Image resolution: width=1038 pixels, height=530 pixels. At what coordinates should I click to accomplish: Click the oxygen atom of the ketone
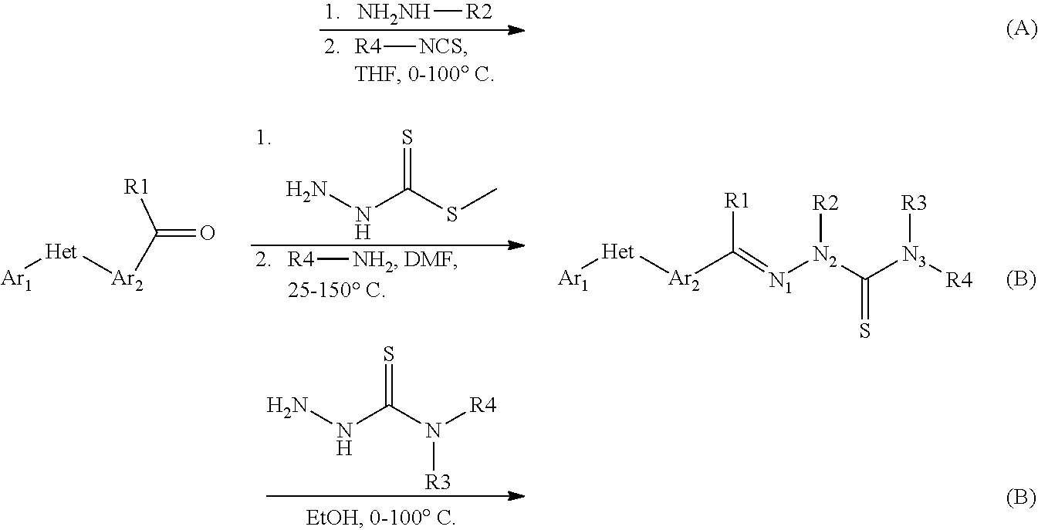coord(206,232)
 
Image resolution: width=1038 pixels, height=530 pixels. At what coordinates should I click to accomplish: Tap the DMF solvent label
coord(438,263)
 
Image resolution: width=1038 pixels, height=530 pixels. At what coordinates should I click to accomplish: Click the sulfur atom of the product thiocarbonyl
coord(864,332)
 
